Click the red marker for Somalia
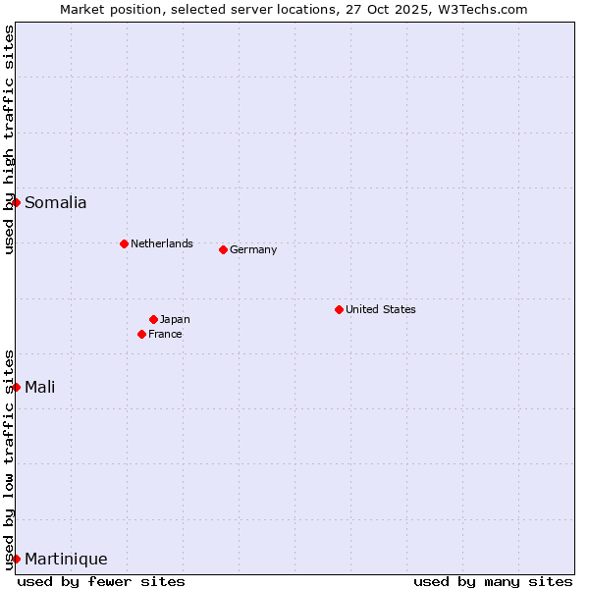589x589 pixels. (x=16, y=202)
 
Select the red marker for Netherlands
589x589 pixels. (x=124, y=243)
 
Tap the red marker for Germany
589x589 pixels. (x=223, y=249)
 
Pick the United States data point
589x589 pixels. (x=339, y=309)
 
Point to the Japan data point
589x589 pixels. (x=153, y=319)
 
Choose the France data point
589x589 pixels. (x=141, y=334)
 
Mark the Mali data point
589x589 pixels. (x=16, y=387)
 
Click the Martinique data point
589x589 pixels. (x=16, y=559)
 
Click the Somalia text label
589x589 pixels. (x=56, y=203)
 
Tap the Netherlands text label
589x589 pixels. (x=162, y=243)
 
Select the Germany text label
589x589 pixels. (x=253, y=249)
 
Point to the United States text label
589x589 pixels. (x=381, y=309)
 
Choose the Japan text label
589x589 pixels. (x=175, y=319)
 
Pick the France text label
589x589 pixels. (x=165, y=334)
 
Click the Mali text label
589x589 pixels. (x=40, y=387)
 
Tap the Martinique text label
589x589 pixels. (x=66, y=560)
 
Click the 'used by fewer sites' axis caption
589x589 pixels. (x=101, y=581)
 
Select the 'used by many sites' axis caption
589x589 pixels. (x=493, y=581)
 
